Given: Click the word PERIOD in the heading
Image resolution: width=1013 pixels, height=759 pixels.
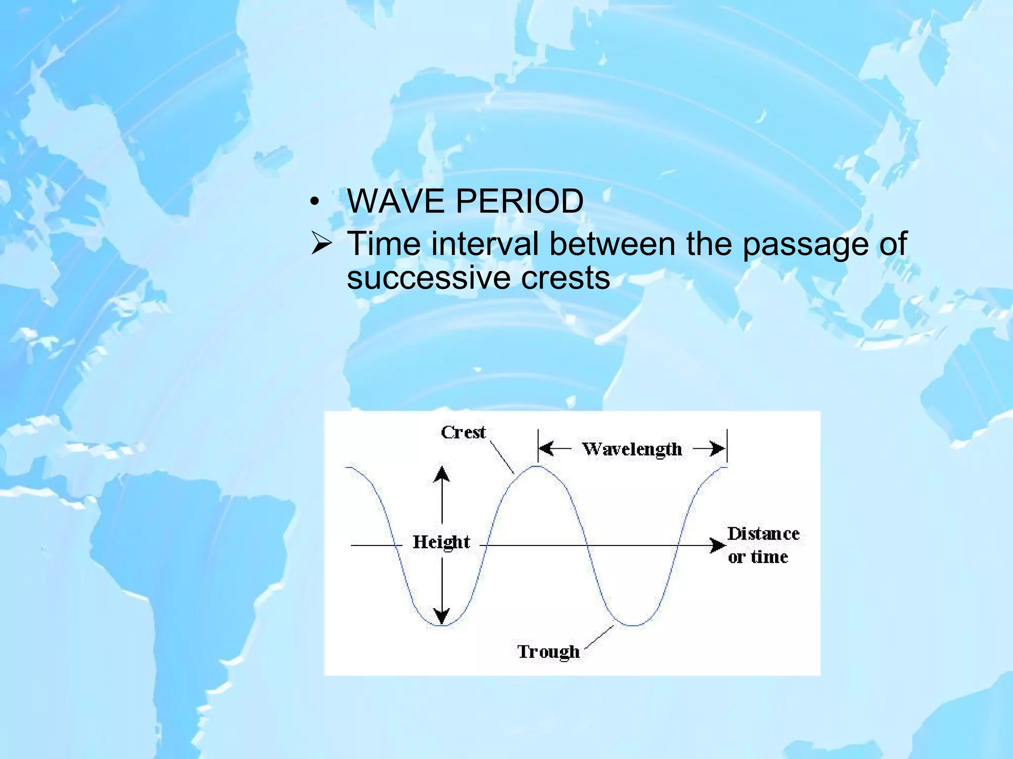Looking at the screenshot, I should [x=519, y=201].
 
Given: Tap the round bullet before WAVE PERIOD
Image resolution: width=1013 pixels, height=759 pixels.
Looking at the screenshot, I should [x=314, y=203].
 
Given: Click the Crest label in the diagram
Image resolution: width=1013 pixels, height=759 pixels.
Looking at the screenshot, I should [x=463, y=432].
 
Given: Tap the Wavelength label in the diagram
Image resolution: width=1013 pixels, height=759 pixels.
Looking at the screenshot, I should [x=632, y=449].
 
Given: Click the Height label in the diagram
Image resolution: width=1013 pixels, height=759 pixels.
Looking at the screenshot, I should [x=441, y=542].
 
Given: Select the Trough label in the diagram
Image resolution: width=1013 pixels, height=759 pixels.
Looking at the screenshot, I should [x=548, y=651].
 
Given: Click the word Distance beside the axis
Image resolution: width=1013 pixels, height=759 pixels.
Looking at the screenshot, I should [x=763, y=534].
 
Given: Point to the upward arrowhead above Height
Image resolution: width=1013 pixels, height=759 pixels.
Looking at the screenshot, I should [x=442, y=474].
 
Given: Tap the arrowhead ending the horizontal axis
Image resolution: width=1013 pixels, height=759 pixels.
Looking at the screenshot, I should [x=718, y=546].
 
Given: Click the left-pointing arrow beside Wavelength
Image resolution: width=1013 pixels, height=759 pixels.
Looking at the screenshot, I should [x=548, y=449].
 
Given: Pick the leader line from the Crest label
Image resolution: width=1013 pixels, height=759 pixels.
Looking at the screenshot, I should [x=502, y=457].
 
